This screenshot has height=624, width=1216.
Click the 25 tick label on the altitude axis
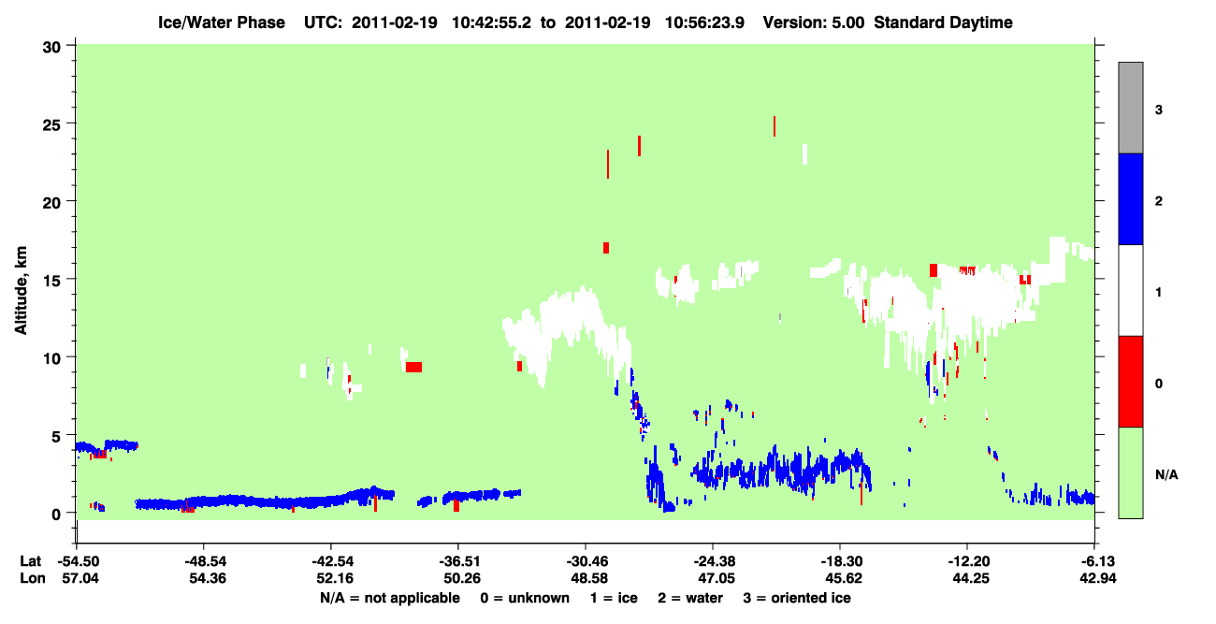[x=51, y=123]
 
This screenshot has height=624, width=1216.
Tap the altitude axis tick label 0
[x=56, y=514]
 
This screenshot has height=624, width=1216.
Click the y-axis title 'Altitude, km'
[x=21, y=290]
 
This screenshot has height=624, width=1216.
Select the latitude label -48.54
[x=205, y=561]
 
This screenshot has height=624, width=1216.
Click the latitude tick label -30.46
[x=586, y=561]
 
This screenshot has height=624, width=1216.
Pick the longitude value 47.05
[x=716, y=578]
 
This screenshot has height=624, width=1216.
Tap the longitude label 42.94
[x=1097, y=578]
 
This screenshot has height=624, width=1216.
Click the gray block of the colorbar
[x=1130, y=108]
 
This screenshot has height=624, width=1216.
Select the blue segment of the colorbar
[x=1130, y=198]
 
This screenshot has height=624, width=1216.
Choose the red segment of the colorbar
[x=1130, y=382]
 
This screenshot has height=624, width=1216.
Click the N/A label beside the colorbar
[x=1166, y=475]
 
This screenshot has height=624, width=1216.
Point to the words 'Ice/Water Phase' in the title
[x=222, y=22]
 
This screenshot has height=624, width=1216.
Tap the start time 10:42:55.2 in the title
[x=491, y=22]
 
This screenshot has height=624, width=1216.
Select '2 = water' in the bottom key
[x=690, y=598]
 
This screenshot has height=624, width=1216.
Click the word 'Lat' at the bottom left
[x=31, y=561]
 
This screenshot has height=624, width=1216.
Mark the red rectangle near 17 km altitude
[x=606, y=248]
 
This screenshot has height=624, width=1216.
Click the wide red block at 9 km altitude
[x=413, y=367]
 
